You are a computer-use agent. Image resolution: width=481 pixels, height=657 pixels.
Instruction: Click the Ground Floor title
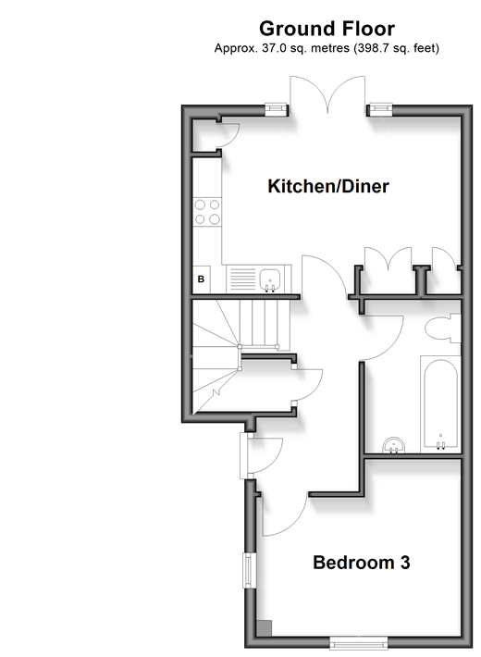click(x=327, y=29)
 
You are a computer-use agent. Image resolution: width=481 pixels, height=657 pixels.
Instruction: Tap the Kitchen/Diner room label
click(x=328, y=186)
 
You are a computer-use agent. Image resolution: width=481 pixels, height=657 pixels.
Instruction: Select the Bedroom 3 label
click(x=361, y=563)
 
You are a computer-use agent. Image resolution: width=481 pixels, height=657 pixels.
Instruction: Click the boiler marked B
click(x=201, y=279)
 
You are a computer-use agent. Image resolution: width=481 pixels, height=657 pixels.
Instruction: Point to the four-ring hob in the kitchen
click(x=207, y=212)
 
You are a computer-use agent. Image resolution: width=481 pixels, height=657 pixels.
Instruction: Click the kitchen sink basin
click(x=270, y=279)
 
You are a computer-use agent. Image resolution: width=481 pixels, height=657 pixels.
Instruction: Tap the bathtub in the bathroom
click(x=440, y=404)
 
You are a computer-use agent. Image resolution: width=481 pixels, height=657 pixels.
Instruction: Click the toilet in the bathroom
click(x=442, y=328)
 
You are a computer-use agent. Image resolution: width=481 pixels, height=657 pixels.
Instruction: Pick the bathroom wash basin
click(x=394, y=445)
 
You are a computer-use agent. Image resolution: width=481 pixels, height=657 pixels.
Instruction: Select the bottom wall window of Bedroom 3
click(x=359, y=643)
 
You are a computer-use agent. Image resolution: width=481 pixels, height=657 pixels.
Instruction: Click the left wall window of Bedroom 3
click(x=250, y=570)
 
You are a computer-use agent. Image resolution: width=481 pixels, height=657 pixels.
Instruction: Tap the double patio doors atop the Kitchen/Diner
click(x=327, y=95)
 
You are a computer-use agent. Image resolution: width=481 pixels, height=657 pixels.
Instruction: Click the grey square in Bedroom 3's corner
click(x=264, y=628)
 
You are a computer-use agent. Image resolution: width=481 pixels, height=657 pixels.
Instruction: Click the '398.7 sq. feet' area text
click(x=395, y=49)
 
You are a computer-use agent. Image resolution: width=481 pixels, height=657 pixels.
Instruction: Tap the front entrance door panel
click(x=244, y=455)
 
